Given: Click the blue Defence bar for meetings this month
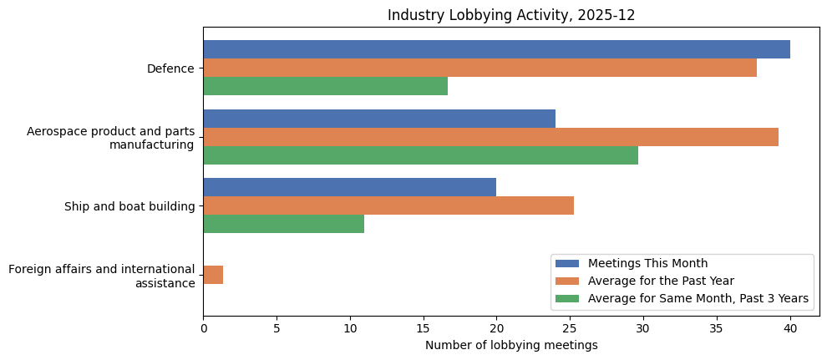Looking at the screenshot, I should (496, 49).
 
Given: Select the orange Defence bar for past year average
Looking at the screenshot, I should (479, 68).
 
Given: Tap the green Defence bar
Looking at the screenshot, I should (325, 86).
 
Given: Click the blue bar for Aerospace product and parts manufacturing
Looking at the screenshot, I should (378, 119).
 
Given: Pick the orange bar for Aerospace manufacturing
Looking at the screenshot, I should (490, 137).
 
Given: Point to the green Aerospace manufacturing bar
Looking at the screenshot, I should (420, 155).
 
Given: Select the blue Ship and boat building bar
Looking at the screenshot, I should (349, 187).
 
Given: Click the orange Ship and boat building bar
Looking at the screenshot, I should (388, 205).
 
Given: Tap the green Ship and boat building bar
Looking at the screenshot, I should (283, 224).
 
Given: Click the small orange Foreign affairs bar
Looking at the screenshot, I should (213, 275).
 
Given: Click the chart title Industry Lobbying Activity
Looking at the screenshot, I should (511, 15).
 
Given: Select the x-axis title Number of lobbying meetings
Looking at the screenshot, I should (511, 345).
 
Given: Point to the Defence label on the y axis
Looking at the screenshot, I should (170, 68).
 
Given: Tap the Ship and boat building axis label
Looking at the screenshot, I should (129, 206).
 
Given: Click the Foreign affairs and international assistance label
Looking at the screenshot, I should (101, 276).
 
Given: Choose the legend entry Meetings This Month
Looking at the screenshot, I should (647, 264).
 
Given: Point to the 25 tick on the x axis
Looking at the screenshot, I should (570, 328).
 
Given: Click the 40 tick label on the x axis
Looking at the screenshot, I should (790, 328).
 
